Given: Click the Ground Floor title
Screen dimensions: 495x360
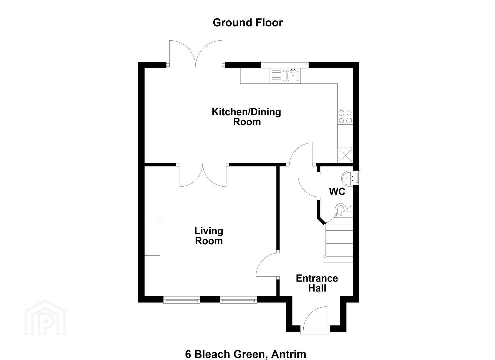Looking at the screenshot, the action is [x=247, y=23].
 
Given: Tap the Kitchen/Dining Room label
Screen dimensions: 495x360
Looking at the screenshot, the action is [x=246, y=117].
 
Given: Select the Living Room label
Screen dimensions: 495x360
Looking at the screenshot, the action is [x=209, y=236].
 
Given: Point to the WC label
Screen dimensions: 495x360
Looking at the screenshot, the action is [x=337, y=192].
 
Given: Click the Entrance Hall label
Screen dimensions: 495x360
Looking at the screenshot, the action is [x=317, y=283].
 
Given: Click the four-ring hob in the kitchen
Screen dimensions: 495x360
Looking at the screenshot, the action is [x=345, y=116].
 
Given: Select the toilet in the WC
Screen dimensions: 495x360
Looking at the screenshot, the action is [x=340, y=210].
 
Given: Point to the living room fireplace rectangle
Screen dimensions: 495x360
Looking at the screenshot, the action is [x=152, y=236].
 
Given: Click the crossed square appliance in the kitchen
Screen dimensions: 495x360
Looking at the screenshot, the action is [x=345, y=155].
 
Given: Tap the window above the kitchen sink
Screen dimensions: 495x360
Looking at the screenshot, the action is [x=284, y=64].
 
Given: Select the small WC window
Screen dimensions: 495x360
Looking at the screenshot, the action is [x=357, y=178].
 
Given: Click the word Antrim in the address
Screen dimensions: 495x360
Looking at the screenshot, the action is [x=289, y=348].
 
